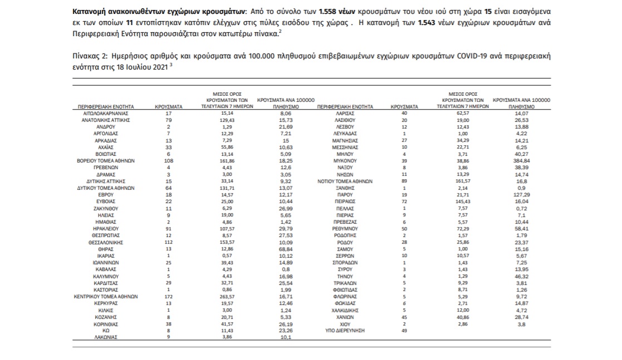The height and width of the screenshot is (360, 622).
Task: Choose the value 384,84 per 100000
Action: coord(522,161)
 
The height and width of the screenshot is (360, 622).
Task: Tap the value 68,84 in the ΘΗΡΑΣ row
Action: coord(286,250)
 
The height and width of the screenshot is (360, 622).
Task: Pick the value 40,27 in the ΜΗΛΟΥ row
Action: coord(522,154)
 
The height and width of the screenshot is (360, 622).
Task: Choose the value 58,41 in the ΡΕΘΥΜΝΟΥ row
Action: coord(522,229)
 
